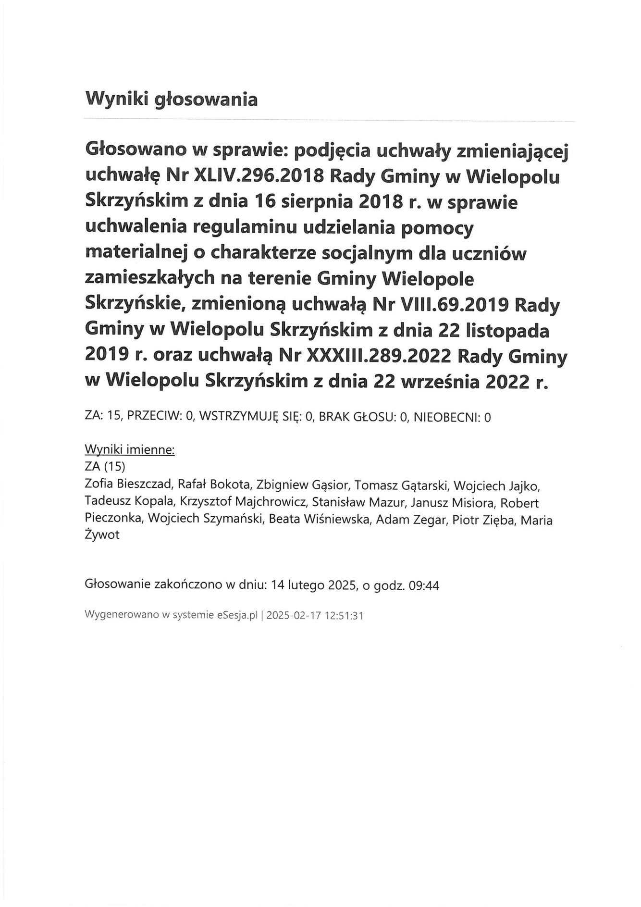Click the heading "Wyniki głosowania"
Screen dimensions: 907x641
171,99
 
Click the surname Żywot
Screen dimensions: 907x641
102,536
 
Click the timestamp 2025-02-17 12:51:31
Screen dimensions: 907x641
315,615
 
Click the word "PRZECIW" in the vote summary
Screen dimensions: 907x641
153,417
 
